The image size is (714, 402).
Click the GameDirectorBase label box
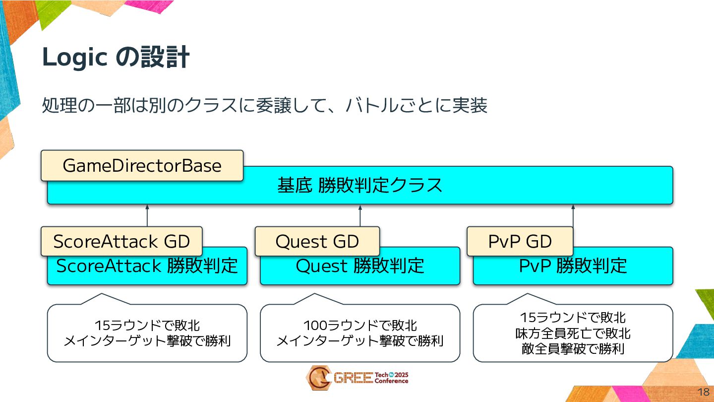point(142,165)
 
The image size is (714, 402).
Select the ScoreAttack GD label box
point(121,242)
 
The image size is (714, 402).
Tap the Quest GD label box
point(317,242)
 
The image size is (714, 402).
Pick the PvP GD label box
point(520,242)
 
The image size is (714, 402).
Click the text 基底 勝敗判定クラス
point(359,186)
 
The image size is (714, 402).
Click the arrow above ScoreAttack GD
point(147,215)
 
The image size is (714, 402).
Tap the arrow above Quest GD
point(360,215)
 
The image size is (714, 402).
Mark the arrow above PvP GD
point(573,215)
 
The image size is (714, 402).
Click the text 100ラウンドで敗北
point(360,326)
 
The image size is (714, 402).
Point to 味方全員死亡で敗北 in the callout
point(573,333)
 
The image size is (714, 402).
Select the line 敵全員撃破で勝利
point(573,349)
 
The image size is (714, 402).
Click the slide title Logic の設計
point(116,58)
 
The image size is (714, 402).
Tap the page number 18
point(703,391)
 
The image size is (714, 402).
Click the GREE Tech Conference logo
point(357,378)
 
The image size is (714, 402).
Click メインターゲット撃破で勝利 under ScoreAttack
point(147,341)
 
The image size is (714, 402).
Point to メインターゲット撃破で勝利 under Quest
point(360,341)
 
